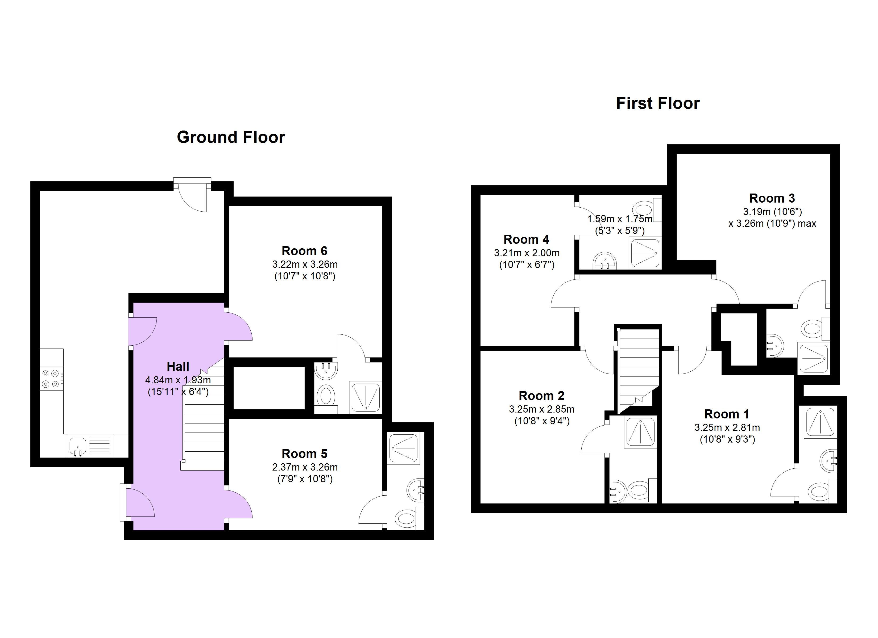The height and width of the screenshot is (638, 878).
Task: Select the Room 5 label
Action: coord(304,454)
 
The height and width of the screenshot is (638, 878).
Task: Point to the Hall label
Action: coord(178,366)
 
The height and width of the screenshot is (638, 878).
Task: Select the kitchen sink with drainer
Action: coord(91,446)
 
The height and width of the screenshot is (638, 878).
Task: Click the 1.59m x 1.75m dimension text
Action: coord(620,219)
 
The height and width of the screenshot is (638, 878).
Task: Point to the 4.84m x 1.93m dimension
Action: coord(178,380)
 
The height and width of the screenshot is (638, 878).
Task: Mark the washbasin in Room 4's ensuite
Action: coord(604,261)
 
